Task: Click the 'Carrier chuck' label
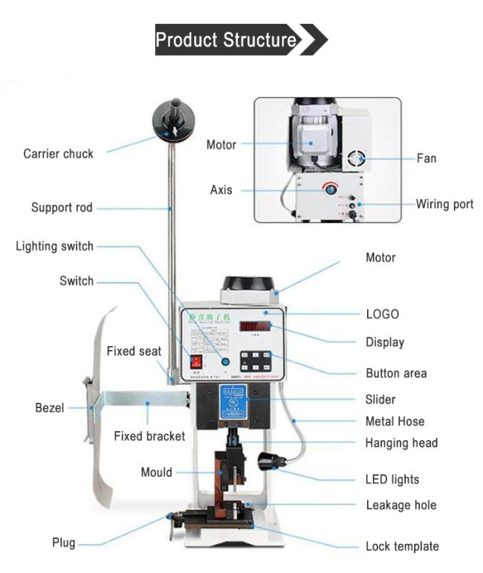click(58, 154)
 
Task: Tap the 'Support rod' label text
click(62, 207)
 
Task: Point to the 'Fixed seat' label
click(134, 351)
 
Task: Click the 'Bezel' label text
click(51, 407)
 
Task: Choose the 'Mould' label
click(156, 472)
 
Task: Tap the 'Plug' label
click(63, 543)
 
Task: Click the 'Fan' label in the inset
click(427, 158)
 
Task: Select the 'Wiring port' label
click(444, 204)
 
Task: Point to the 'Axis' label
click(221, 190)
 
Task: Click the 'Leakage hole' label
click(401, 505)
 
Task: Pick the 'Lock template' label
click(402, 546)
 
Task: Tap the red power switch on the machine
click(198, 362)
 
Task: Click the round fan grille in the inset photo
click(357, 158)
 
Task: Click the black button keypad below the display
click(258, 361)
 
